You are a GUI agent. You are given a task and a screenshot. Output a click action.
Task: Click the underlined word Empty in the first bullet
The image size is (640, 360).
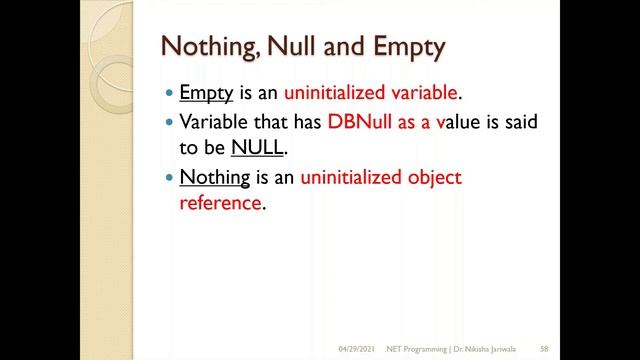(x=206, y=94)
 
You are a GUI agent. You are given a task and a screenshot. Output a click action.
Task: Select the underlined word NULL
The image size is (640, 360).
(x=258, y=148)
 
